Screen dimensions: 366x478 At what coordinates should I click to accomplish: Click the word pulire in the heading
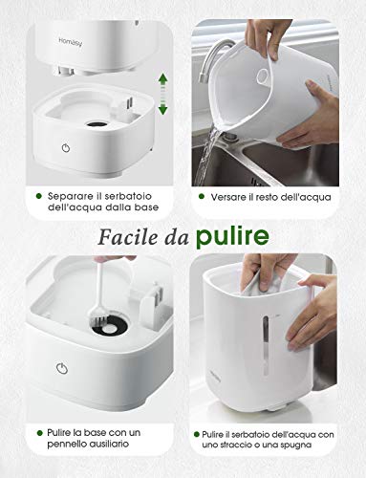tap(232, 237)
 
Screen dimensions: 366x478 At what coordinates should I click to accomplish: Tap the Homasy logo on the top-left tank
tap(71, 42)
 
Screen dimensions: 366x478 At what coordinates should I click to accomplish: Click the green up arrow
tap(163, 79)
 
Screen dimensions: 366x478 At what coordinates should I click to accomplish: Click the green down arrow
tap(162, 108)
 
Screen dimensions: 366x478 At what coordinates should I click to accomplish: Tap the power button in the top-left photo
tap(66, 148)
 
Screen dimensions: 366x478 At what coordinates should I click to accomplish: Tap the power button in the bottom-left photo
tap(62, 369)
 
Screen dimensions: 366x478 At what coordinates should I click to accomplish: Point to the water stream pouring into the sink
tap(205, 156)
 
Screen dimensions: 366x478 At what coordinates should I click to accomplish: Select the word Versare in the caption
tap(228, 197)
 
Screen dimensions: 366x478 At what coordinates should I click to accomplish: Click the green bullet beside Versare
tap(202, 196)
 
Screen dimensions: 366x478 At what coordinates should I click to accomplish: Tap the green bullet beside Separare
tap(39, 196)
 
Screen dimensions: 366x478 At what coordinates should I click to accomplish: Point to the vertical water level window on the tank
tap(265, 344)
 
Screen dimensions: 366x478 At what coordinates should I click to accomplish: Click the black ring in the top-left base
tap(97, 124)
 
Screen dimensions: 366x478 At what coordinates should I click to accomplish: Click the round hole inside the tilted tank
tap(263, 76)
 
